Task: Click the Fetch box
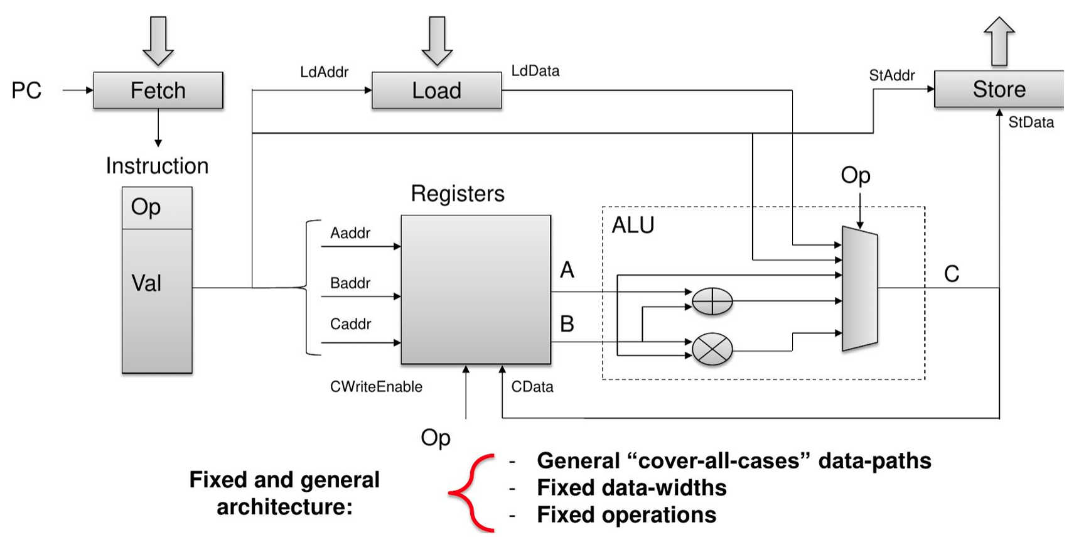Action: pyautogui.click(x=158, y=90)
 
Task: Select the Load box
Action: pyautogui.click(x=437, y=90)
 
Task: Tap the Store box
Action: pyautogui.click(x=999, y=89)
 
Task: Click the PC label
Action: pyautogui.click(x=26, y=90)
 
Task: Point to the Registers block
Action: pyautogui.click(x=476, y=290)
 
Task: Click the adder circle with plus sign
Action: pyautogui.click(x=712, y=301)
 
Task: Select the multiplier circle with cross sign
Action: pyautogui.click(x=712, y=349)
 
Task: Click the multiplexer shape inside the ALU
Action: pyautogui.click(x=859, y=289)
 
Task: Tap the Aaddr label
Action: pyautogui.click(x=350, y=233)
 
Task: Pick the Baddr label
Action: pyautogui.click(x=350, y=283)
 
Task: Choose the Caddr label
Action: pyautogui.click(x=350, y=324)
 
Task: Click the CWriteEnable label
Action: pyautogui.click(x=376, y=387)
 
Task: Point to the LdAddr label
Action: pyautogui.click(x=324, y=72)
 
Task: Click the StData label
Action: pyautogui.click(x=1031, y=122)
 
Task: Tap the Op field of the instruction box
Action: pyautogui.click(x=157, y=208)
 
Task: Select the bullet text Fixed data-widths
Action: pyautogui.click(x=631, y=488)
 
